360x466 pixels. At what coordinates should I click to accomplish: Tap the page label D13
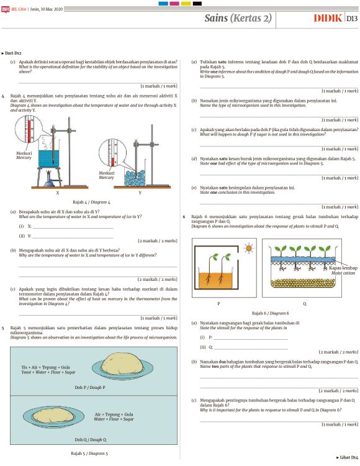click(351, 19)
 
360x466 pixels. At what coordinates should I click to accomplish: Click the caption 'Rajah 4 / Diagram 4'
click(91, 203)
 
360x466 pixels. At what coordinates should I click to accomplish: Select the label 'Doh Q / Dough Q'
click(80, 439)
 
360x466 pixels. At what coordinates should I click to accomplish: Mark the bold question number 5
click(4, 327)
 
